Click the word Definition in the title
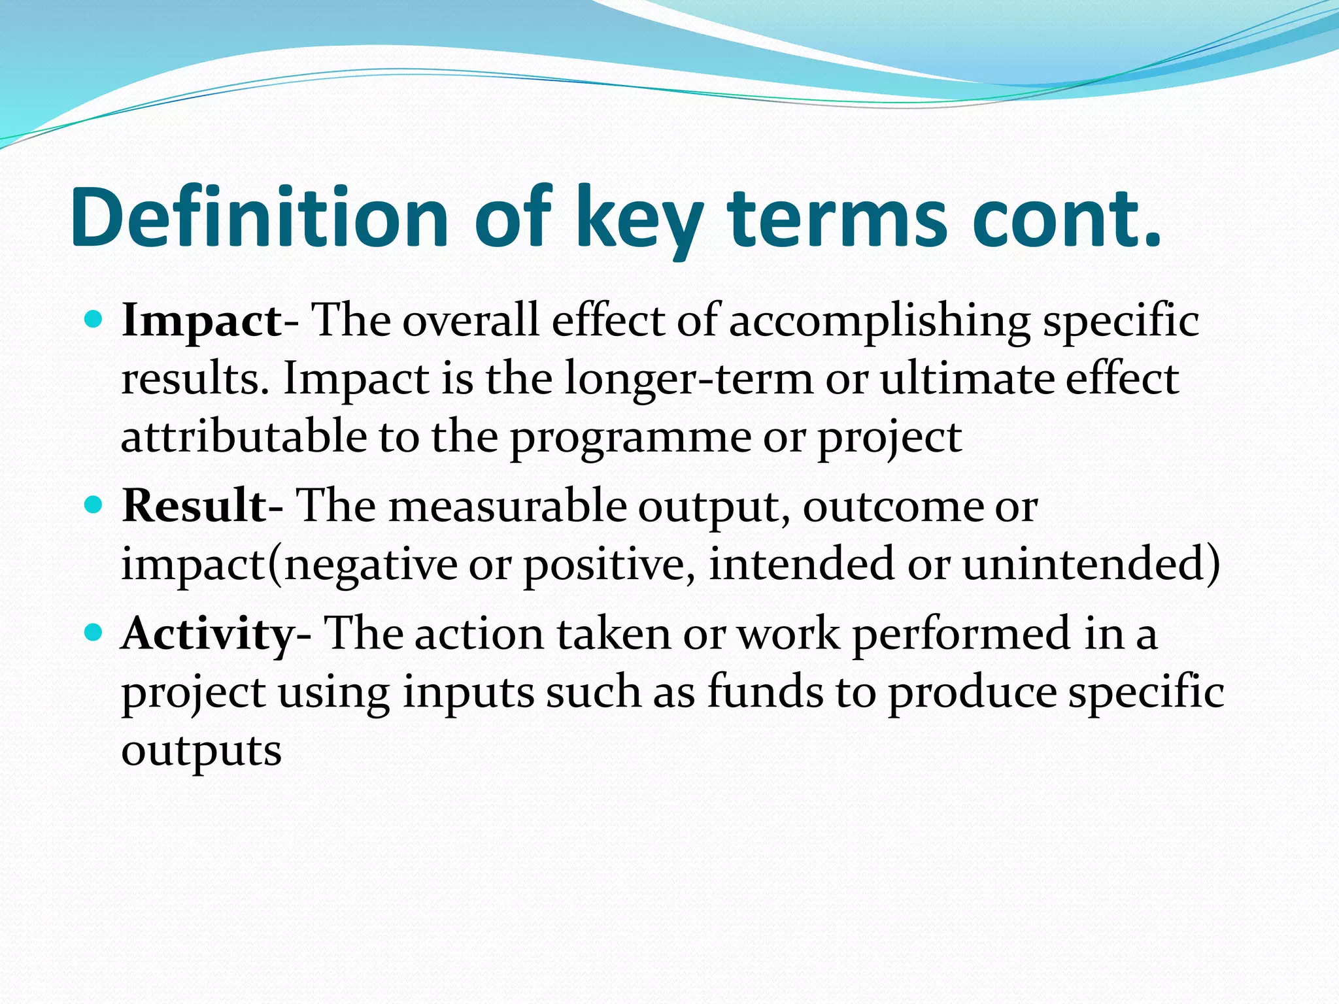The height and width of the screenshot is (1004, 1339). [259, 218]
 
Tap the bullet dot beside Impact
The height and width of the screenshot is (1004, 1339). [94, 320]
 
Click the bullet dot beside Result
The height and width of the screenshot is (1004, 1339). [94, 505]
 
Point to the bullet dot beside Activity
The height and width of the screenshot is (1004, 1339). [94, 632]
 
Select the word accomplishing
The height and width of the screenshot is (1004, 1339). [879, 322]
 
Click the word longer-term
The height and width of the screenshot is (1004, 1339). [688, 379]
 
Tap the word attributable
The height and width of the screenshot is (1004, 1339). [245, 437]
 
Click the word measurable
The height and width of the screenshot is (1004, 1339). [507, 506]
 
